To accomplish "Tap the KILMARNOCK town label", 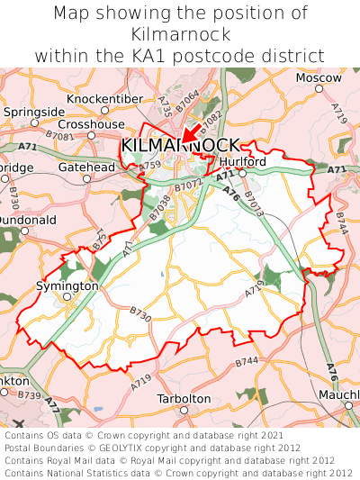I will pos(180,146).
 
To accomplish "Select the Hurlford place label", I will pos(242,161).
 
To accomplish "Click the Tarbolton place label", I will pos(184,398).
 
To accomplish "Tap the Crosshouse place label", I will pos(91,123).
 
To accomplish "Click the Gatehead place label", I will pos(86,167).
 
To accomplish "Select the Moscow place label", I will pos(319,77).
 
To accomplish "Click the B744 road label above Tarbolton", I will pos(247,361).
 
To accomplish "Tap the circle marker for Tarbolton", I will pos(184,410).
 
